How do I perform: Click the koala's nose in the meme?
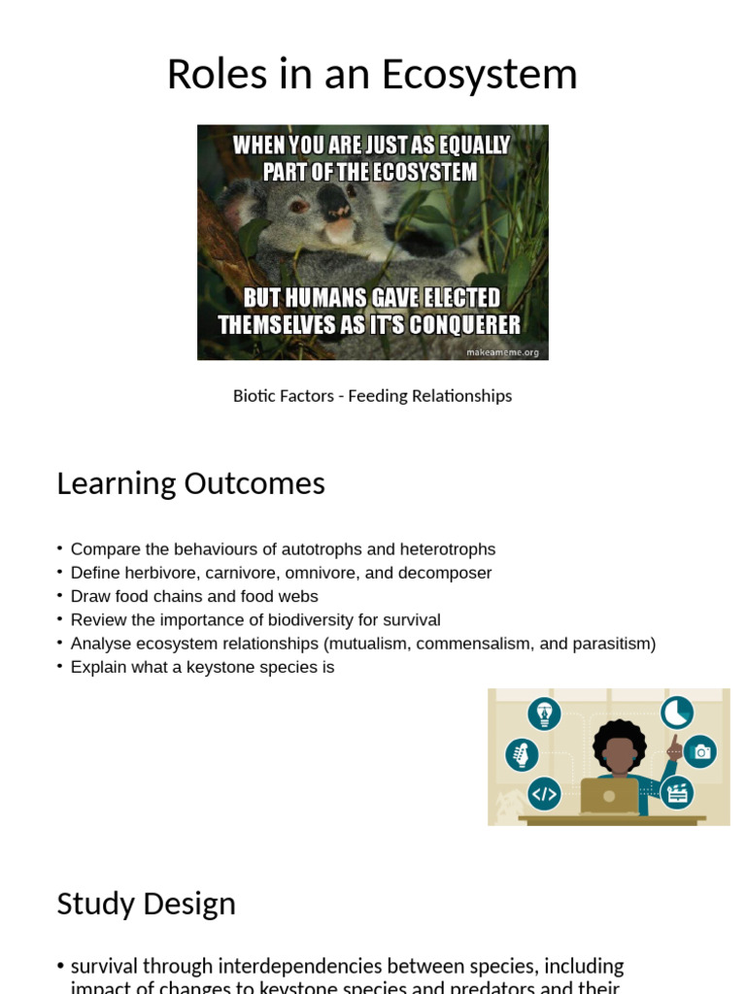pos(335,202)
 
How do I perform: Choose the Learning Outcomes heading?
pos(190,483)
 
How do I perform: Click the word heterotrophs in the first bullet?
pos(447,549)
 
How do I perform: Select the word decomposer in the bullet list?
pos(448,573)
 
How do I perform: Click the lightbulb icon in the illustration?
pos(544,713)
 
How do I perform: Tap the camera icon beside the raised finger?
pos(700,751)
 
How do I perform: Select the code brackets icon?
pos(544,794)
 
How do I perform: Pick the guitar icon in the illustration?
pos(522,754)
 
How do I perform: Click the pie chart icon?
pos(677,712)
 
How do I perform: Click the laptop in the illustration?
pos(609,796)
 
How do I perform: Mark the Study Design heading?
pos(146,904)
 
